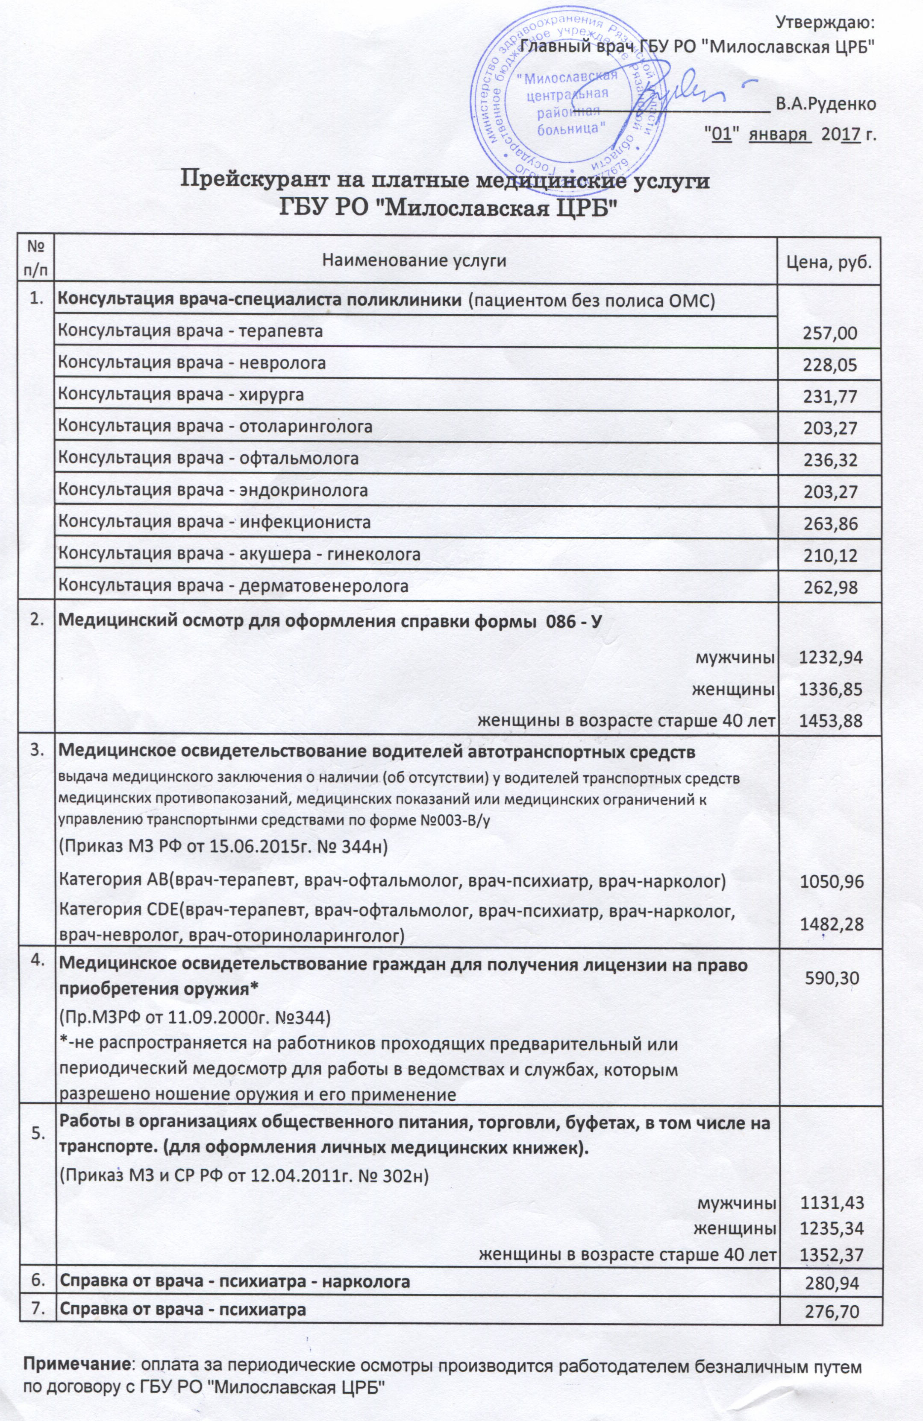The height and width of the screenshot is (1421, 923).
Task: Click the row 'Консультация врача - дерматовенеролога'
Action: [x=232, y=586]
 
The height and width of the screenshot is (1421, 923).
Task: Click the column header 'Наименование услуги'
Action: [x=414, y=260]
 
